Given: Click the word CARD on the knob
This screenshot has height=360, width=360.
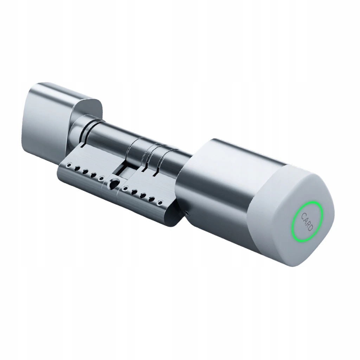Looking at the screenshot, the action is (x=307, y=222).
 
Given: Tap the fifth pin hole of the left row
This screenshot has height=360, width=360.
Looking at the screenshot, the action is (x=101, y=178).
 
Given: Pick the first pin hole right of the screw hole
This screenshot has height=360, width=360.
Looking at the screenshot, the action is (x=125, y=189).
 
